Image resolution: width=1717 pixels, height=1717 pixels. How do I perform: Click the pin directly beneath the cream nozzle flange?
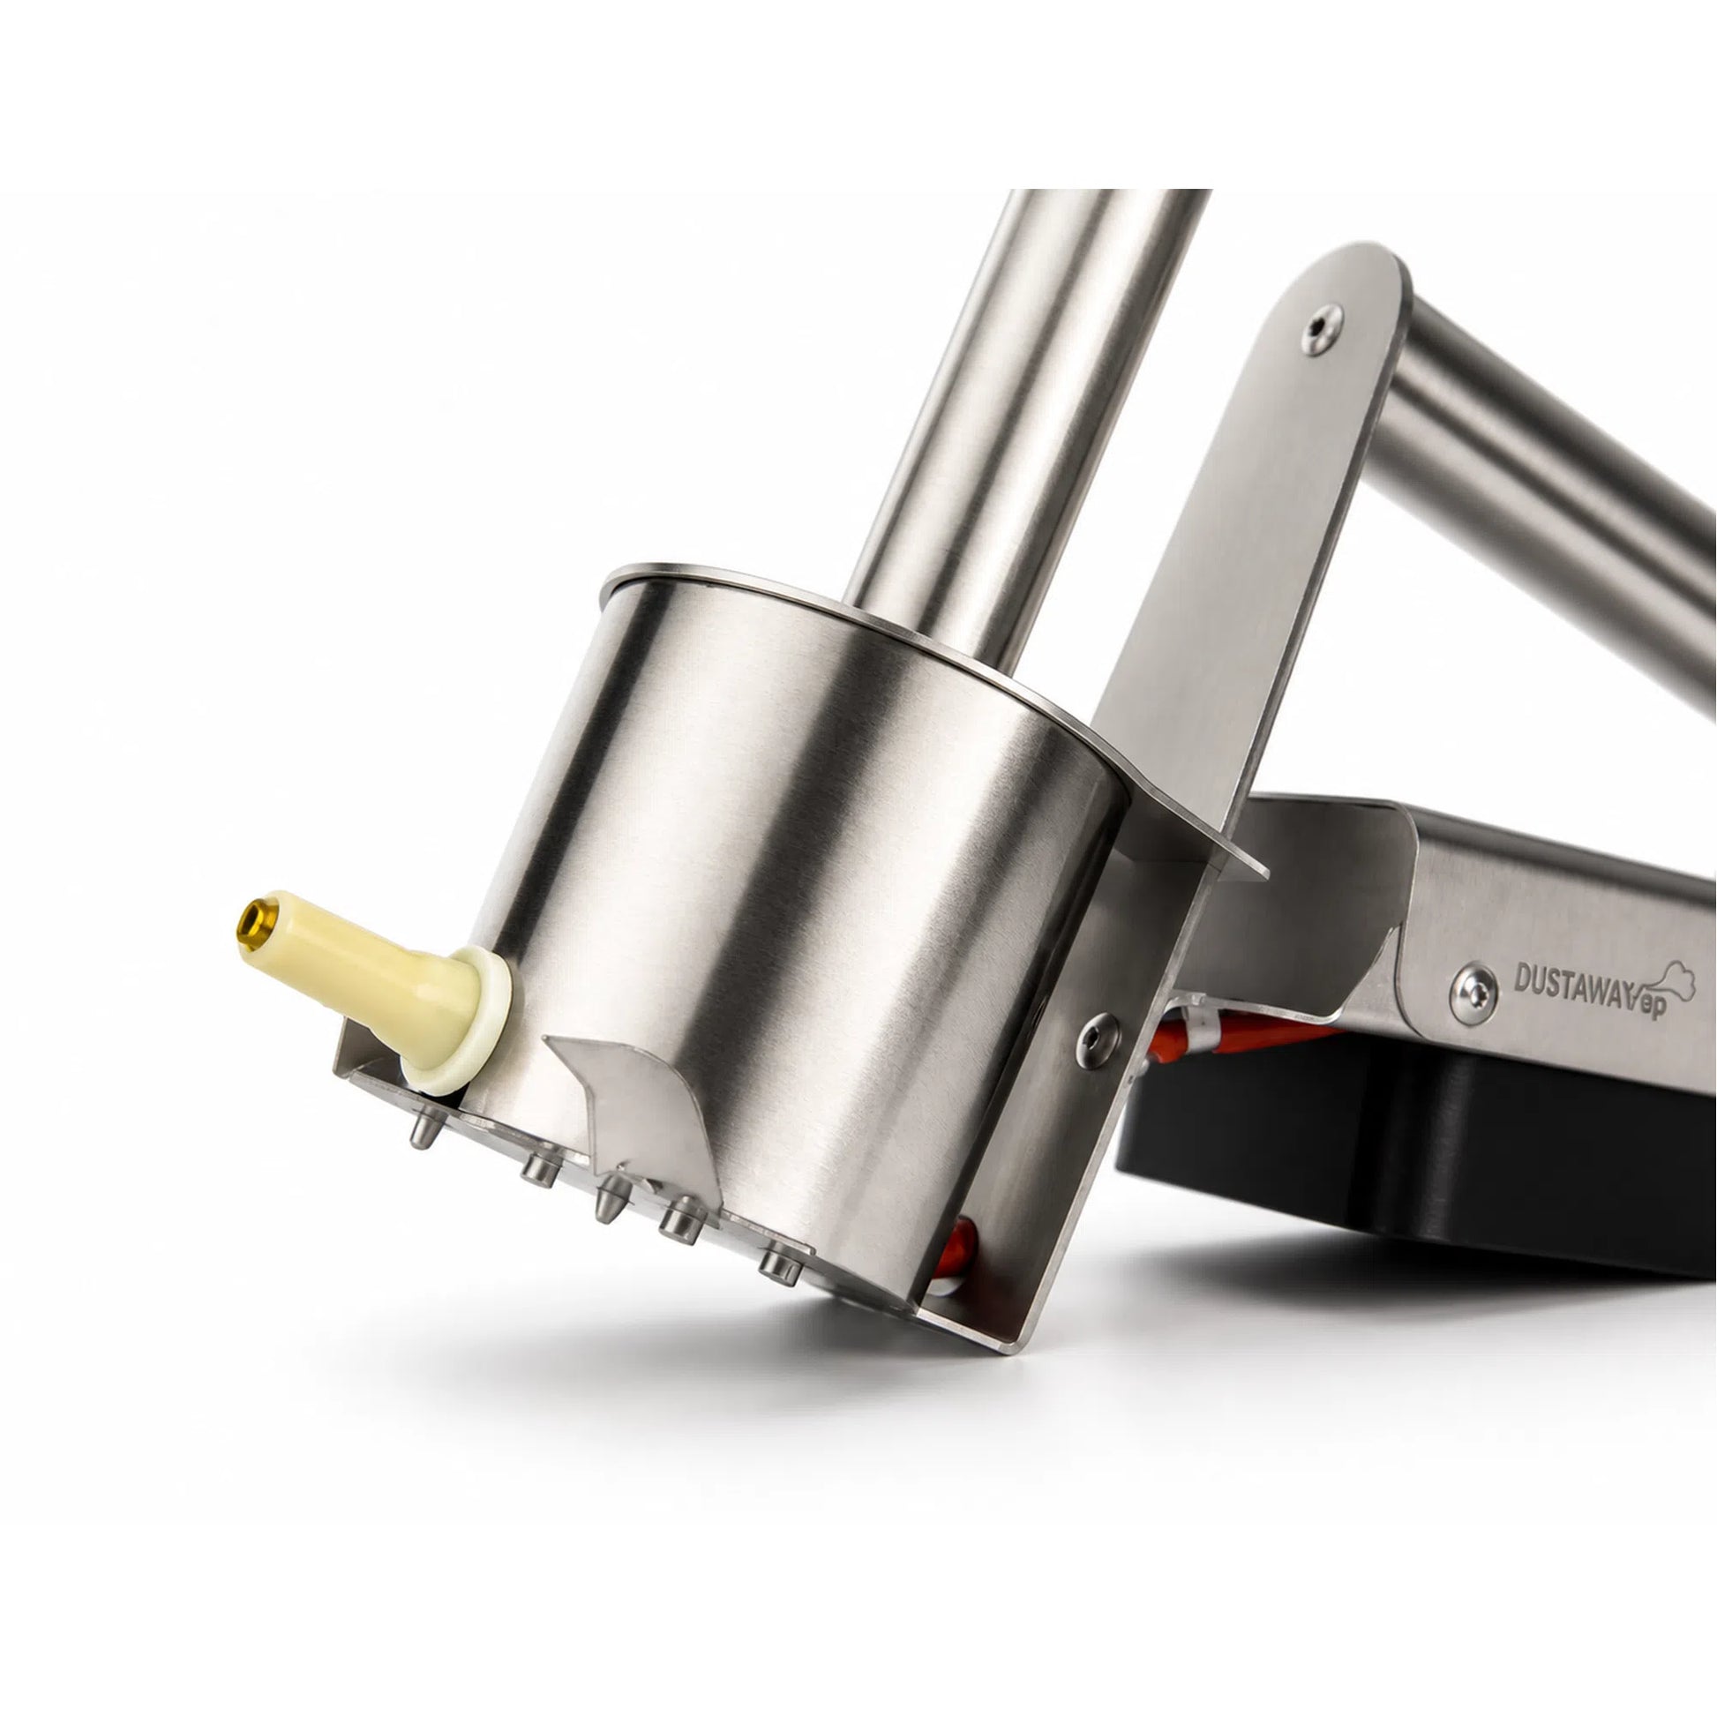point(424,1131)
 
